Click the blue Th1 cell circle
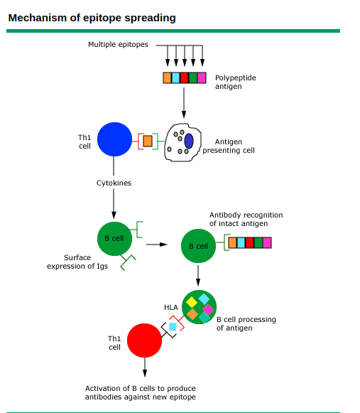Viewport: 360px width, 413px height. [x=114, y=139]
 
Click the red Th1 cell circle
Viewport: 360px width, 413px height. [x=145, y=340]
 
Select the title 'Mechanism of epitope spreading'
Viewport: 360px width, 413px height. [x=92, y=17]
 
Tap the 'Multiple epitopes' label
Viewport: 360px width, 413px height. [x=118, y=44]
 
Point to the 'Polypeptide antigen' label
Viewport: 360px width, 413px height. [x=235, y=82]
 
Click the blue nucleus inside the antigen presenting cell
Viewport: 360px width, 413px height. [x=189, y=141]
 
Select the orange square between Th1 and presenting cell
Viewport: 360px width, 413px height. [x=148, y=141]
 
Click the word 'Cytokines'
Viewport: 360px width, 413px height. [x=114, y=183]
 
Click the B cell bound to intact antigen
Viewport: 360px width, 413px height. [x=198, y=246]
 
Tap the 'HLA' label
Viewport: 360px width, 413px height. [x=171, y=307]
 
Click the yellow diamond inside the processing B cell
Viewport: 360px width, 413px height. [x=192, y=302]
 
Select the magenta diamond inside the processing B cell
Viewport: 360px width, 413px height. [x=207, y=309]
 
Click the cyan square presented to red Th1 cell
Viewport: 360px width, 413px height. [x=173, y=327]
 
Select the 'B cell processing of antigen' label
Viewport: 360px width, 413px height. [x=246, y=323]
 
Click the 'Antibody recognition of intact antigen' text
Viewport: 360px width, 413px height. [x=246, y=219]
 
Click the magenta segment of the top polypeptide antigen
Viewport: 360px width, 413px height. [x=202, y=77]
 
